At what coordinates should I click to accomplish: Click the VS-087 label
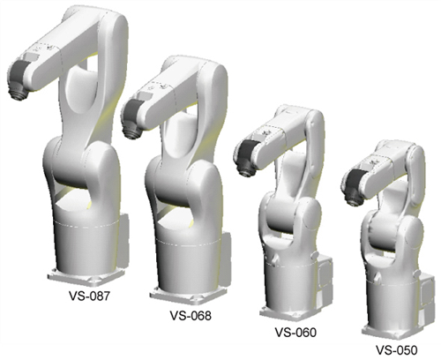pos(89,296)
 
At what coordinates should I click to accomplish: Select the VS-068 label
pos(191,316)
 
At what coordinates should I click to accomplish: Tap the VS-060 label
pos(295,333)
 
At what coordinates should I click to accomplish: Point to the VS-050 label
pos(397,350)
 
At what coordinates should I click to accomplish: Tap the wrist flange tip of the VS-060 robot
pos(243,173)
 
